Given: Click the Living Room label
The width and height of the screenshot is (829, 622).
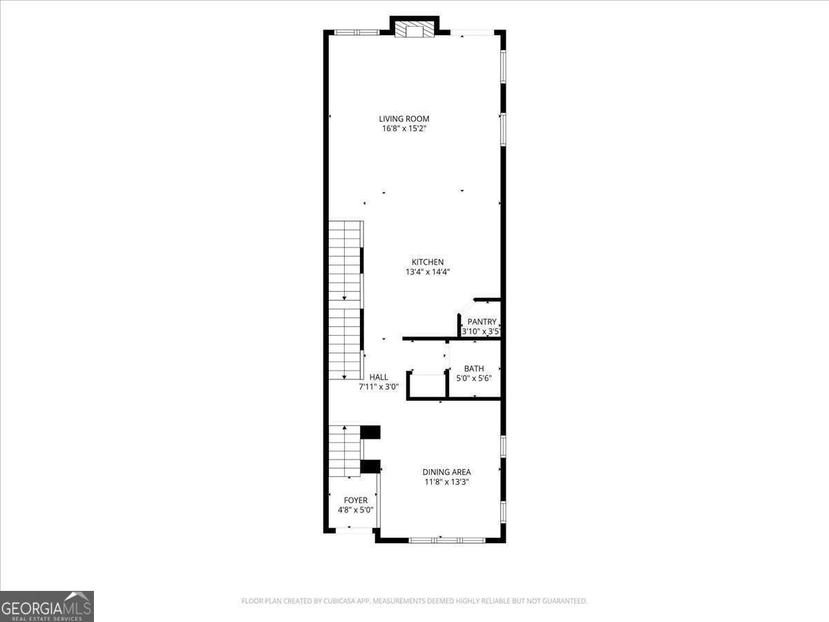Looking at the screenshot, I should click(404, 119).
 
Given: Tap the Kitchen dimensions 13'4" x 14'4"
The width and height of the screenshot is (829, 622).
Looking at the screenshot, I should click(428, 272).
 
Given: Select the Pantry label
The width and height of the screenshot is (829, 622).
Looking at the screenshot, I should click(482, 322).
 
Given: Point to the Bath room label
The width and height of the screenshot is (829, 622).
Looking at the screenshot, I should click(474, 369).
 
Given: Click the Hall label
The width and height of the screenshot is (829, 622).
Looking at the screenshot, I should click(379, 377).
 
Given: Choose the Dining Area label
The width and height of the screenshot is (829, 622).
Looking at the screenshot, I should click(446, 472).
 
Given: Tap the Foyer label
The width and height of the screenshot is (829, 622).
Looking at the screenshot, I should click(356, 500).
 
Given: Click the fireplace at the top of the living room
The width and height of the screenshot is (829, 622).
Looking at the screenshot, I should click(414, 30).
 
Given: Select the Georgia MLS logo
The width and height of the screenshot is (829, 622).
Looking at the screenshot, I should click(47, 606).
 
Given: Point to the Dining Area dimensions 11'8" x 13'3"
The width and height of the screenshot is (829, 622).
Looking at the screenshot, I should click(446, 482).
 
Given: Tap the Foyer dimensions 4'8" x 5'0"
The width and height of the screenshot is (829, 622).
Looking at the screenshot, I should click(356, 510).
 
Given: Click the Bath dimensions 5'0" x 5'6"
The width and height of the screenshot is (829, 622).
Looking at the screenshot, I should click(474, 379).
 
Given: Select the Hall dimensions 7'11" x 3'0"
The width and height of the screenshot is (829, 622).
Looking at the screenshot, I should click(379, 387).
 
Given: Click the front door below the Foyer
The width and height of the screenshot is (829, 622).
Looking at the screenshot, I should click(350, 530).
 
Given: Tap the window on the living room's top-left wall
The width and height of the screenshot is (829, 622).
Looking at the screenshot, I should click(356, 32).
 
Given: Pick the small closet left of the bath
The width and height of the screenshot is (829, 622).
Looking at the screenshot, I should click(428, 385).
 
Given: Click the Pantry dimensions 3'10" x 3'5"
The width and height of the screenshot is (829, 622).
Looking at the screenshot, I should click(481, 332).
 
